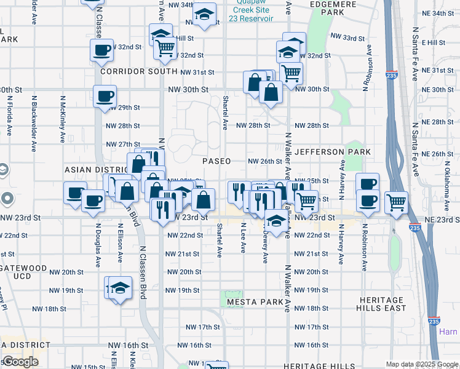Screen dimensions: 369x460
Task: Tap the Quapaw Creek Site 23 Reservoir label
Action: (x=250, y=10)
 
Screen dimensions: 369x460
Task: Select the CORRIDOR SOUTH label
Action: (x=130, y=71)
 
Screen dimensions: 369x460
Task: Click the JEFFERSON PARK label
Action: (x=333, y=151)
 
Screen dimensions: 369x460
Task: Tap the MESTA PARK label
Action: (x=255, y=303)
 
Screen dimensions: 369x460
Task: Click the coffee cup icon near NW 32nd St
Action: (x=101, y=50)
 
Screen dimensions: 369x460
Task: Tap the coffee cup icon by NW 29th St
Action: (x=105, y=95)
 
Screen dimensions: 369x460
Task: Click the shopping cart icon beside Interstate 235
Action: (x=397, y=201)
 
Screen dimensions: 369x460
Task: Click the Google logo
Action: (x=20, y=362)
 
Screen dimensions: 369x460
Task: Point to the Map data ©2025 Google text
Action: (x=421, y=364)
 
